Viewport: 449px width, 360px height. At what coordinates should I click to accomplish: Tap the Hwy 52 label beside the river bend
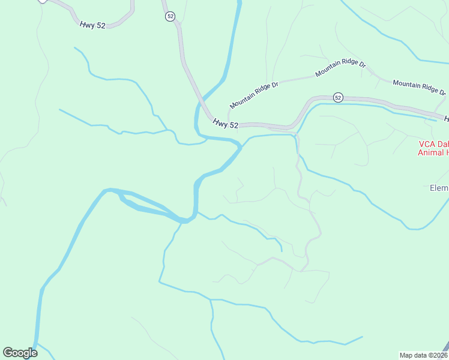(226, 123)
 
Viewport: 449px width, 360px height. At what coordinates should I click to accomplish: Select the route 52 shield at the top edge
(170, 17)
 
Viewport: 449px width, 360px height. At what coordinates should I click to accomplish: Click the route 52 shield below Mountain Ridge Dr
(338, 97)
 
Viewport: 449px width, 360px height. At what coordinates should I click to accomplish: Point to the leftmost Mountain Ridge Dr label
(254, 94)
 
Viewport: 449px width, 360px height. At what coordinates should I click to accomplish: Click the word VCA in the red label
(427, 145)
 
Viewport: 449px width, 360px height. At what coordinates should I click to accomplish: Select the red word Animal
(430, 152)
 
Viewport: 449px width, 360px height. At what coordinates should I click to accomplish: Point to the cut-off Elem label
(439, 188)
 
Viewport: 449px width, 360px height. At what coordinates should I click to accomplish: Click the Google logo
(20, 353)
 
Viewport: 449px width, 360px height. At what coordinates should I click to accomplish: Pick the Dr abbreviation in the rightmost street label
(442, 92)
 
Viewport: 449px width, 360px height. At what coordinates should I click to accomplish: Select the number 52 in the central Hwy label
(234, 125)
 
